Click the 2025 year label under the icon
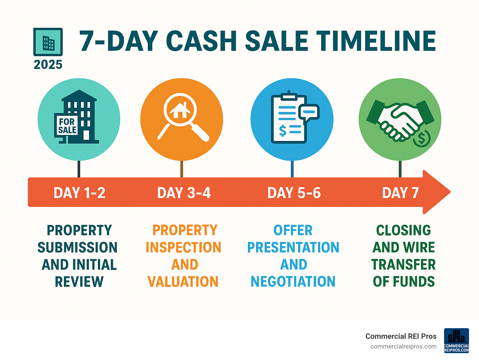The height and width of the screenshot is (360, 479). tap(48, 65)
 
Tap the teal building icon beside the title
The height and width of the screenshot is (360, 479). tap(48, 42)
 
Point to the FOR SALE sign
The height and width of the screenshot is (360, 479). tap(67, 126)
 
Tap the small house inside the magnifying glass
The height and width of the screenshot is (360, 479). tap(180, 110)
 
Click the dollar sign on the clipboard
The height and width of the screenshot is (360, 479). tap(283, 131)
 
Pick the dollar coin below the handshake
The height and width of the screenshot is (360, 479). tap(422, 138)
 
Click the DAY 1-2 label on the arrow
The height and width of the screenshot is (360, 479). tap(79, 193)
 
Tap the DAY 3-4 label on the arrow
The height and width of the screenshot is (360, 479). tap(184, 193)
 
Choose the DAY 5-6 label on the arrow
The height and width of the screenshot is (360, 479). tap(294, 193)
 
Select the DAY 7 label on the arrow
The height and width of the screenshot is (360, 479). tap(400, 193)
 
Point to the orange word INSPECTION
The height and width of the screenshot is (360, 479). tap(183, 247)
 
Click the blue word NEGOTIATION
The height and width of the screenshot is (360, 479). tap(293, 281)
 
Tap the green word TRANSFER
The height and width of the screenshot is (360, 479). tap(404, 265)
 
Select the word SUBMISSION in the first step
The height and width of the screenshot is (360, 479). tap(78, 247)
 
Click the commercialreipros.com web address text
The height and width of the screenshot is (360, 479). tap(403, 346)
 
